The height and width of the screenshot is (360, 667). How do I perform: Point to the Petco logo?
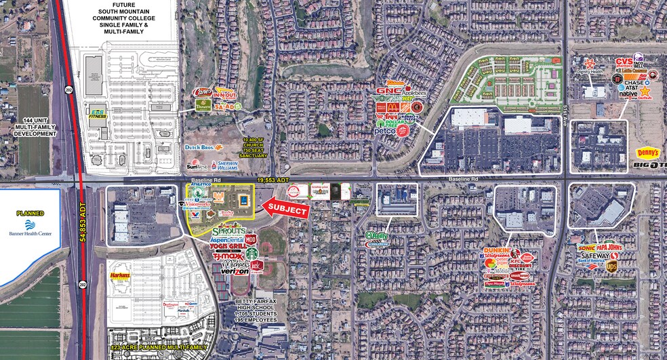[385, 132]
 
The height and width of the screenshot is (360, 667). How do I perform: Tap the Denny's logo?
[647, 153]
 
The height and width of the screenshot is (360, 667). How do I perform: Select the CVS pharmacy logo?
[624, 62]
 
